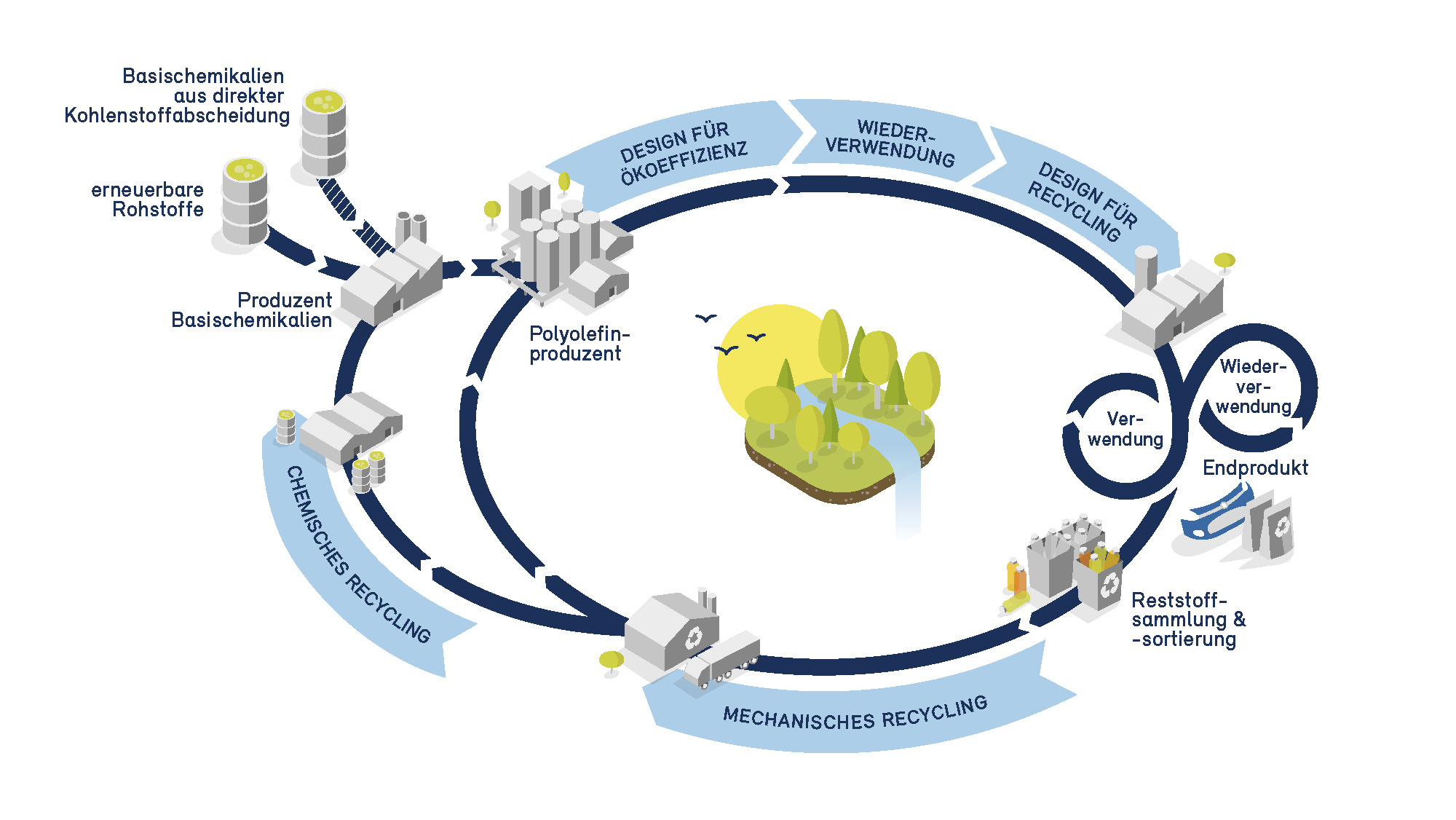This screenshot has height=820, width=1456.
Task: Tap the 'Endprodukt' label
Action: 1255,468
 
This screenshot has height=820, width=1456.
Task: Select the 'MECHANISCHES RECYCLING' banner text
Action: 855,714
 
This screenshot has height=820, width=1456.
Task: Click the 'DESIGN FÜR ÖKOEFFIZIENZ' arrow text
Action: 683,153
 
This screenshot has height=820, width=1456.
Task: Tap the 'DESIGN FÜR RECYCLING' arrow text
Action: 1083,201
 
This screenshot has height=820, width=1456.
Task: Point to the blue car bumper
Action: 1212,517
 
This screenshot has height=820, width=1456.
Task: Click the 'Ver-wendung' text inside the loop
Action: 1125,429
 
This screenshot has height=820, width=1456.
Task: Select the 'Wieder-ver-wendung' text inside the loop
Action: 1253,387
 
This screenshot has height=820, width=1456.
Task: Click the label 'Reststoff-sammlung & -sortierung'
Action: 1187,620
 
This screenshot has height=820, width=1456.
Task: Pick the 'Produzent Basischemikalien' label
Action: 252,310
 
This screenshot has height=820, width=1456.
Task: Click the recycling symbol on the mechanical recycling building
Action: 693,638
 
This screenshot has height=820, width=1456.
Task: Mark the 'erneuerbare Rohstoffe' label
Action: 148,200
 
